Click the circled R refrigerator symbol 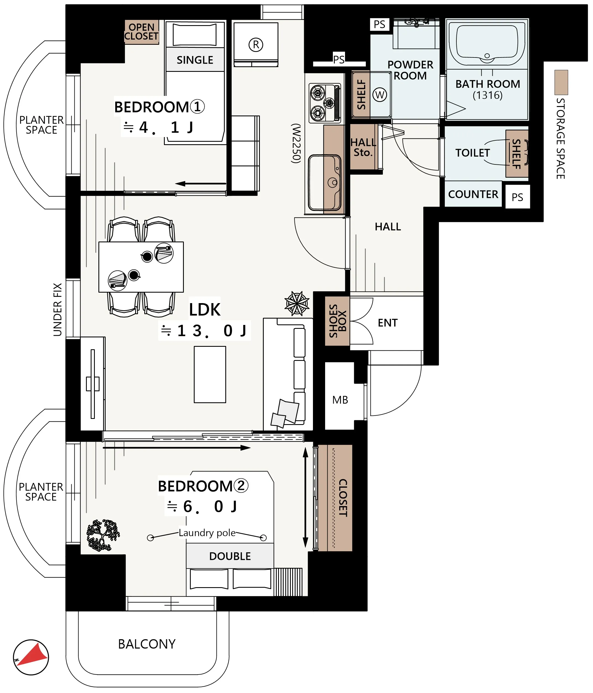point(256,44)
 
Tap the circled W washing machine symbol point(380,95)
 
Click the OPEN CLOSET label point(141,32)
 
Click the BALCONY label point(147,644)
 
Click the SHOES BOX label point(337,321)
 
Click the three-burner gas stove point(324,103)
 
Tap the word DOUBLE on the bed point(230,556)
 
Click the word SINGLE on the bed point(195,60)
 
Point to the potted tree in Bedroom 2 point(102,535)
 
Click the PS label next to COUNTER point(517,197)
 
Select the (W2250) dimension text point(296,143)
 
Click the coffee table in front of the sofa point(210,374)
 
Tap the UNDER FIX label point(58,309)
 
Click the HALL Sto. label point(363,148)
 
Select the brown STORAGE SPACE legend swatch point(561,82)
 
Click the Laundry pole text point(207,533)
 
